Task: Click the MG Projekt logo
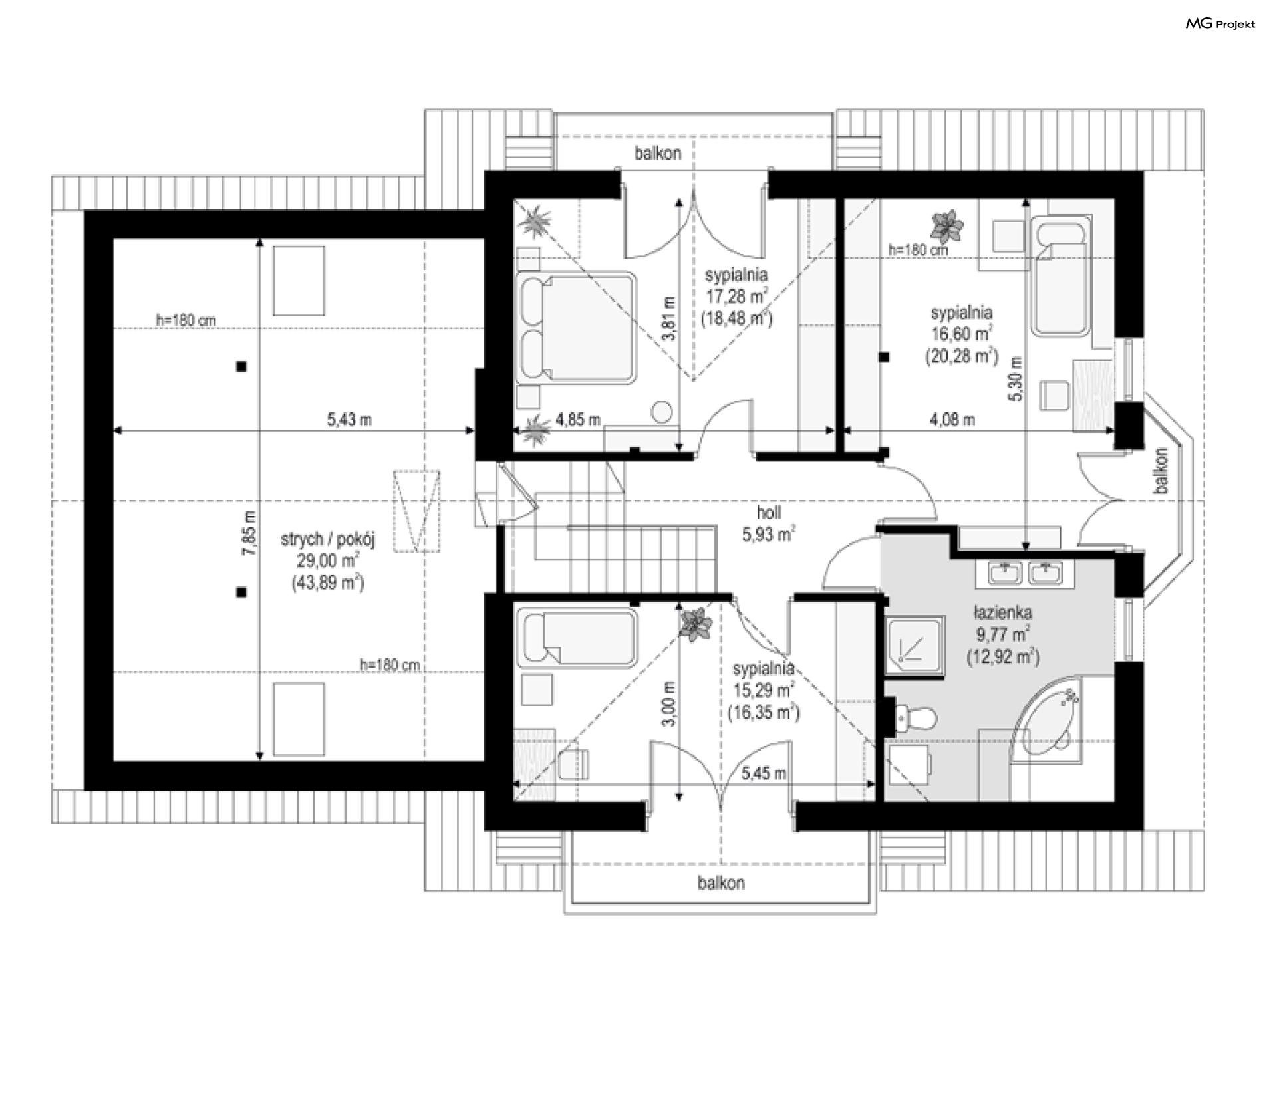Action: pos(1220,24)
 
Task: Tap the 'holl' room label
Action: pos(769,512)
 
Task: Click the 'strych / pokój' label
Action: pos(328,539)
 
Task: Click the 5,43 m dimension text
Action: pos(350,420)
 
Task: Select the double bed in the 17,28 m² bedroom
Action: pos(577,327)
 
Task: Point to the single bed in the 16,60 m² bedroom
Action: pos(1061,279)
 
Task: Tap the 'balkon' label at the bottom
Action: pos(721,883)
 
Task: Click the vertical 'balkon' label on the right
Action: pos(1161,471)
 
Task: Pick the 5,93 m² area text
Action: pos(769,534)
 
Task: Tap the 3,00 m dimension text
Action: pos(670,703)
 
